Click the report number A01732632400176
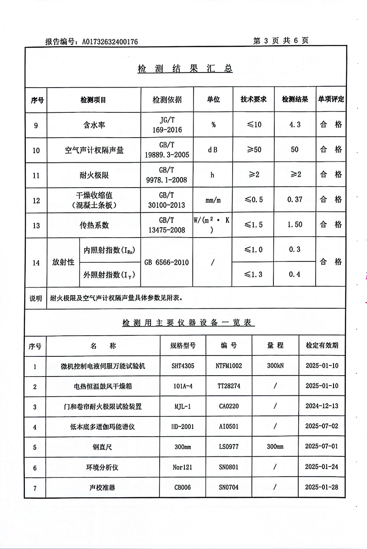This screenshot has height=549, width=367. point(110,42)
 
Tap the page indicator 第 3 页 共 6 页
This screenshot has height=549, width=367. point(281,41)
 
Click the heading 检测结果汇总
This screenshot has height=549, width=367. point(185,69)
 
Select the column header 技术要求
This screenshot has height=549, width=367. point(254,100)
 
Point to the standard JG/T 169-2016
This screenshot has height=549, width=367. point(167,125)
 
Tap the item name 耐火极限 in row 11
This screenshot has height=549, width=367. point(95,175)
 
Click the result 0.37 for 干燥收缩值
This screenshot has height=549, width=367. point(295,200)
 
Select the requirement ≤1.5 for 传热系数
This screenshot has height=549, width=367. point(253,225)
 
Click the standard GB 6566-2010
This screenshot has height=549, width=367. point(167,263)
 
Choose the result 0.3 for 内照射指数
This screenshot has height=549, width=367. point(295,250)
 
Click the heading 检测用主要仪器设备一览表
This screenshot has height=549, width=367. point(188,323)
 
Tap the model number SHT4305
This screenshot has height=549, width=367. point(182,366)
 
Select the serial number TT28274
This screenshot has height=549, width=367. point(228,386)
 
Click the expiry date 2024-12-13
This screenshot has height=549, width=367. point(321,406)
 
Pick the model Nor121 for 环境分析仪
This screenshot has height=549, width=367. point(182,467)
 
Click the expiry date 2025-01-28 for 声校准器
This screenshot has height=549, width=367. point(321,487)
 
